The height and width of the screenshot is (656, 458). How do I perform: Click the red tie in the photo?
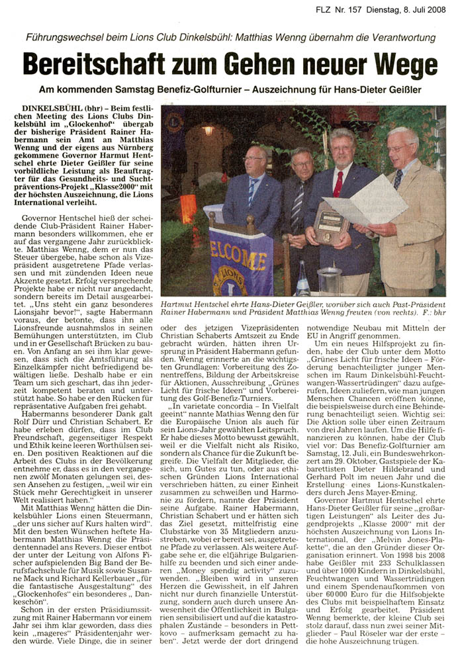click(x=338, y=183)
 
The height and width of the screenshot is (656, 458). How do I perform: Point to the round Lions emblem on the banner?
click(x=232, y=277)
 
